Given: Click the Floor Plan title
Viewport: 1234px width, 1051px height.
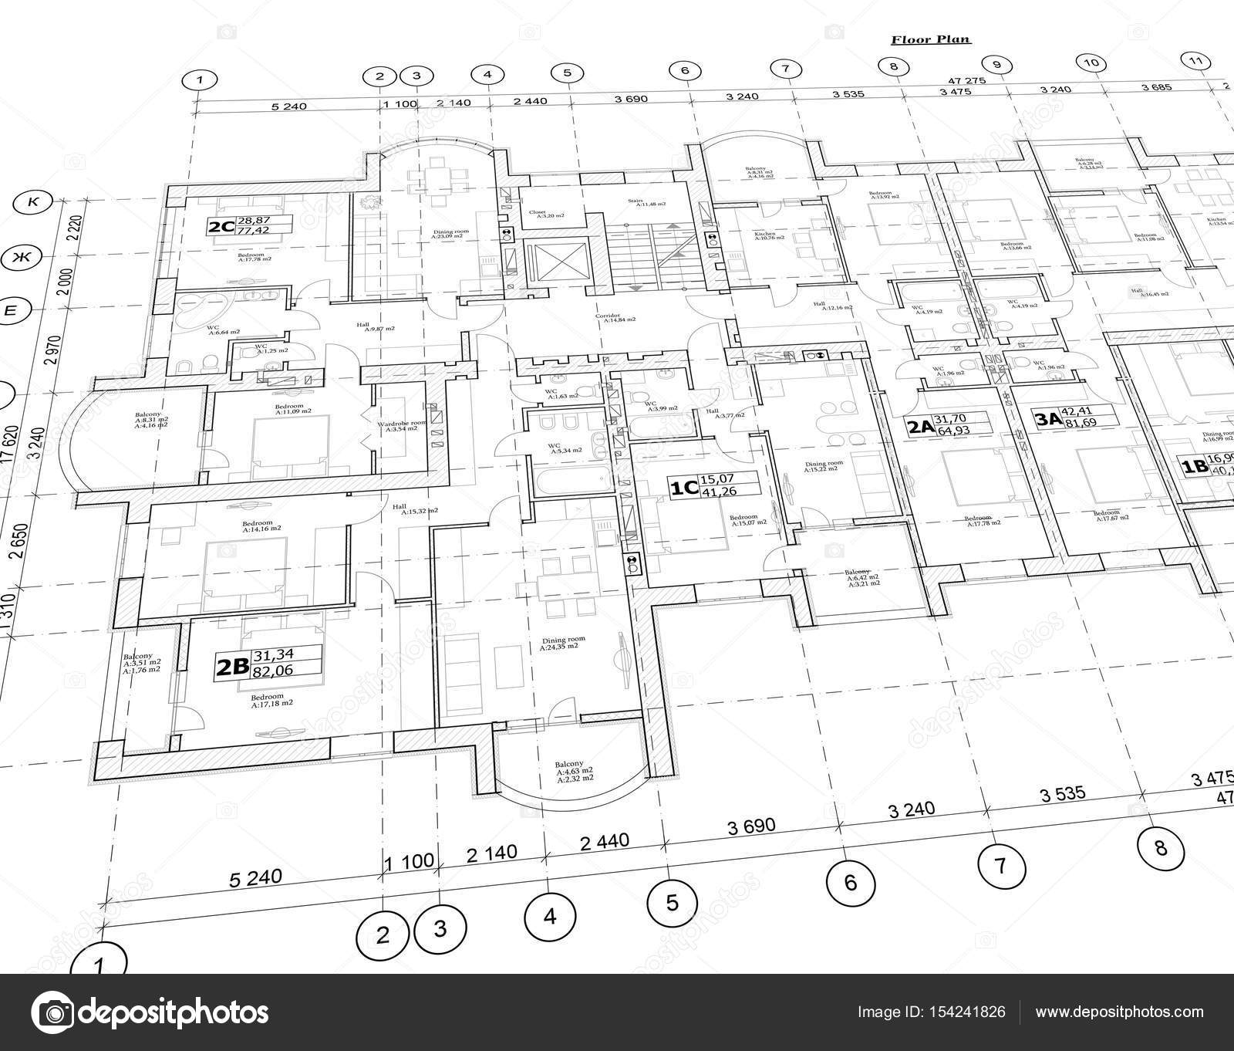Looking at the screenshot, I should tap(931, 40).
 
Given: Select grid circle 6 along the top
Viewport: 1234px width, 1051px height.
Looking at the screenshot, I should tap(684, 70).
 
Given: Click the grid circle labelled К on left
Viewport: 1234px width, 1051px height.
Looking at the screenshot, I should tap(33, 202).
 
